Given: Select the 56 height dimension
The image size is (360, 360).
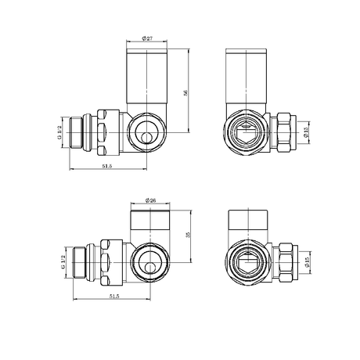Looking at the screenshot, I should pos(185,92).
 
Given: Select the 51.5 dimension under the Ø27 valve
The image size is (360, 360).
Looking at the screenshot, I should pos(107,167).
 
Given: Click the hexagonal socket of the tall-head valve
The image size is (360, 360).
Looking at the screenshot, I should pos(246,130).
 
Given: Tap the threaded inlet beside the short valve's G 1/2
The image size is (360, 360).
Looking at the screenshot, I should pos(78,262).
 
